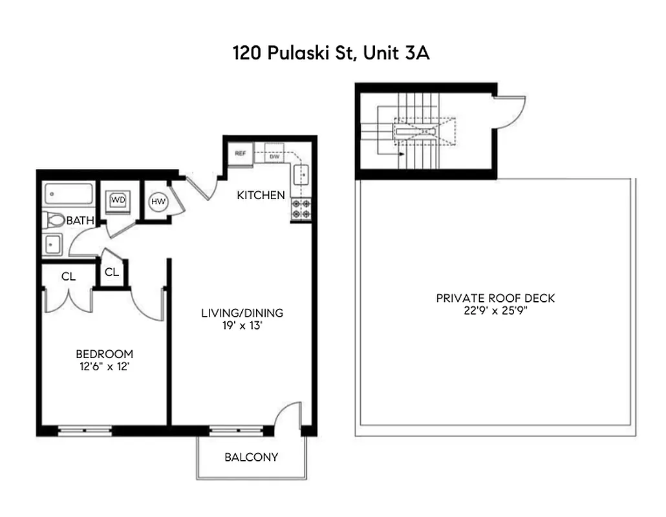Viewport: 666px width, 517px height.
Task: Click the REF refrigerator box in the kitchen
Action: tap(241, 154)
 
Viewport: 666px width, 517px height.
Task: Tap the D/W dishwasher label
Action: tap(274, 157)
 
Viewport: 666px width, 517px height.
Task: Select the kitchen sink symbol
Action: tap(301, 174)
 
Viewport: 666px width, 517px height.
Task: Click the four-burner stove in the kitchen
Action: tap(300, 209)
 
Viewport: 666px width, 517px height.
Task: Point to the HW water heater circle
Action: tap(158, 202)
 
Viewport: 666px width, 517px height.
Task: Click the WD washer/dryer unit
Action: tap(118, 200)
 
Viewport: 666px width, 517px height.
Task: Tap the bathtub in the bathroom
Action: tap(69, 193)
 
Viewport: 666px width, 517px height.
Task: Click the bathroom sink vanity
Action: tap(52, 245)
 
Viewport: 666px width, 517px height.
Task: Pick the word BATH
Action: tap(81, 221)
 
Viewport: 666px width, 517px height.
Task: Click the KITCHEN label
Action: tap(261, 195)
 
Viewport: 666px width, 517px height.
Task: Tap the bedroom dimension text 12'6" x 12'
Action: tap(104, 366)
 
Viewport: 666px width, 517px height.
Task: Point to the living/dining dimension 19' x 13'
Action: tap(242, 326)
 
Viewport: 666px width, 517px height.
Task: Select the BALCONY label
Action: tap(251, 458)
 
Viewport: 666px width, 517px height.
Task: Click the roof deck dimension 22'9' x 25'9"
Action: tap(495, 310)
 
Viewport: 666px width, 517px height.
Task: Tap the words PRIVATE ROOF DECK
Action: tap(495, 298)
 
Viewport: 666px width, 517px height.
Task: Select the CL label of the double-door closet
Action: tap(69, 277)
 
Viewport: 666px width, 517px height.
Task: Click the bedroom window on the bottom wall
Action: tap(84, 430)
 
